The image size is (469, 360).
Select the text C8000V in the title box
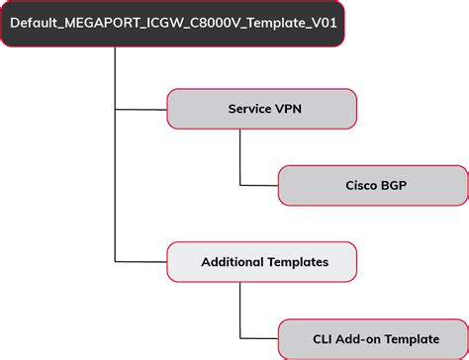point(215,21)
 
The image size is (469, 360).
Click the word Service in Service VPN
point(251,109)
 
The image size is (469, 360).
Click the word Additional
point(232,262)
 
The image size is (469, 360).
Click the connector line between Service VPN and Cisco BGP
point(240,158)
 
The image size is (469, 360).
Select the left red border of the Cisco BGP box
point(278,185)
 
